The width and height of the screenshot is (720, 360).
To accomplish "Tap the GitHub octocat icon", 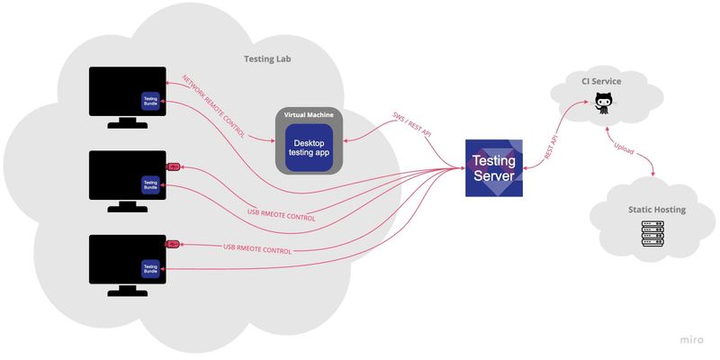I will (601, 103).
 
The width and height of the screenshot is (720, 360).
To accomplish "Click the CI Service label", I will (601, 82).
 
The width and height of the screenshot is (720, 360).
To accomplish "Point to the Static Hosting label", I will (656, 210).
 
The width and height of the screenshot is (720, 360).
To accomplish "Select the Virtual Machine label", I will (308, 116).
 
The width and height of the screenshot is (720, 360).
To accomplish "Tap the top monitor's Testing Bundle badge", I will (150, 101).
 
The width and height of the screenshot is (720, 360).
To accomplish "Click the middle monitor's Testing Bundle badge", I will (150, 184).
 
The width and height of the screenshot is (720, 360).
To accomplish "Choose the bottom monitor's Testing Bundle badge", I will (150, 267).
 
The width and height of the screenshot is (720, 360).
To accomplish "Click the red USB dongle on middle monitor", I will (174, 166).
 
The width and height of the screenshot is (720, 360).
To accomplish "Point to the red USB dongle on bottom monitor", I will (174, 244).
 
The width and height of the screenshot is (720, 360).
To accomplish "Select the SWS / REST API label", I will (412, 125).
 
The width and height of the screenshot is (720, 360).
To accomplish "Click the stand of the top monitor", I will (127, 123).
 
